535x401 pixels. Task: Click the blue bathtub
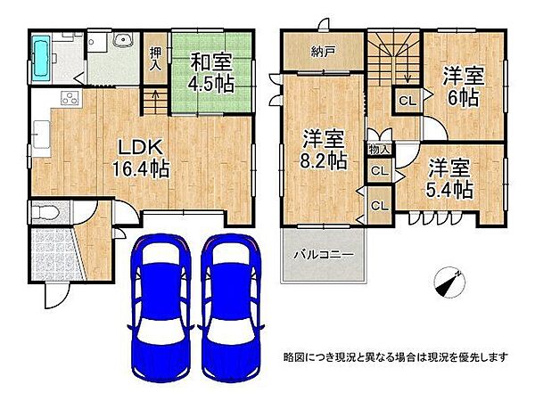(x=43, y=55)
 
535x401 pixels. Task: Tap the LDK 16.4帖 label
(x=134, y=157)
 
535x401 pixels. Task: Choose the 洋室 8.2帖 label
(x=323, y=150)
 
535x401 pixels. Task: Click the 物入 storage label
(x=377, y=149)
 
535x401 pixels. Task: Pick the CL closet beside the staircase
(x=406, y=102)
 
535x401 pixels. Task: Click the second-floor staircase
(x=392, y=58)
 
